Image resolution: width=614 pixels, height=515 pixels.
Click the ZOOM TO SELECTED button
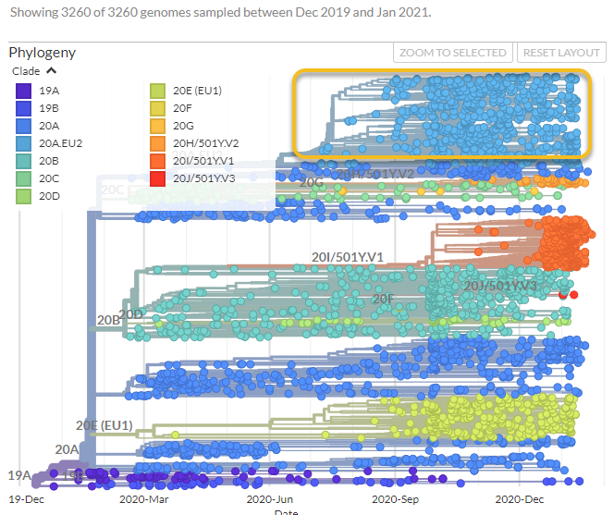[453, 53]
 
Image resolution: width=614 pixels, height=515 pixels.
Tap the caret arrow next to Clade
[51, 70]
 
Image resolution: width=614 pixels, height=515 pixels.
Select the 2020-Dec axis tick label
[520, 497]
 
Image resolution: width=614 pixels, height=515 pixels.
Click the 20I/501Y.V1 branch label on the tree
[347, 256]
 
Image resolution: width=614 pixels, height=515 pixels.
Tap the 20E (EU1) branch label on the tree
[104, 425]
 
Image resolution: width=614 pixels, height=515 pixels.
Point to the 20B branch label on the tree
[108, 321]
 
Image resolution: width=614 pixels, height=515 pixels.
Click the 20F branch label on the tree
[383, 299]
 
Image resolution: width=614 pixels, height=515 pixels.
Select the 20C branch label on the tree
[112, 190]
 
